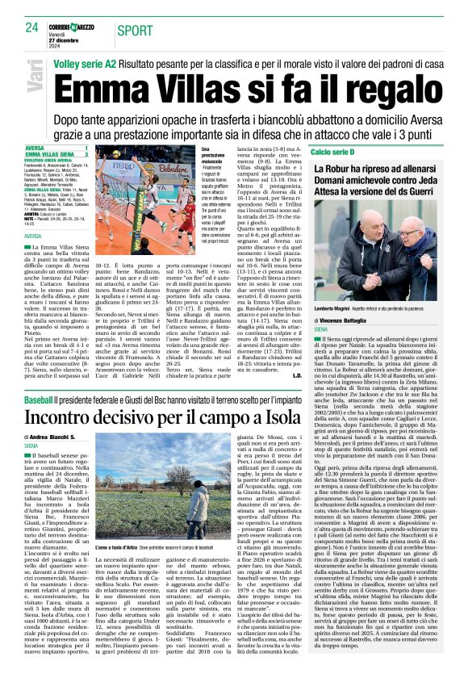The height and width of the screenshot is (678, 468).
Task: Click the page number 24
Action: pyautogui.click(x=32, y=27)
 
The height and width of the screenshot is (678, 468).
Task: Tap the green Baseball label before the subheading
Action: pyautogui.click(x=37, y=400)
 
